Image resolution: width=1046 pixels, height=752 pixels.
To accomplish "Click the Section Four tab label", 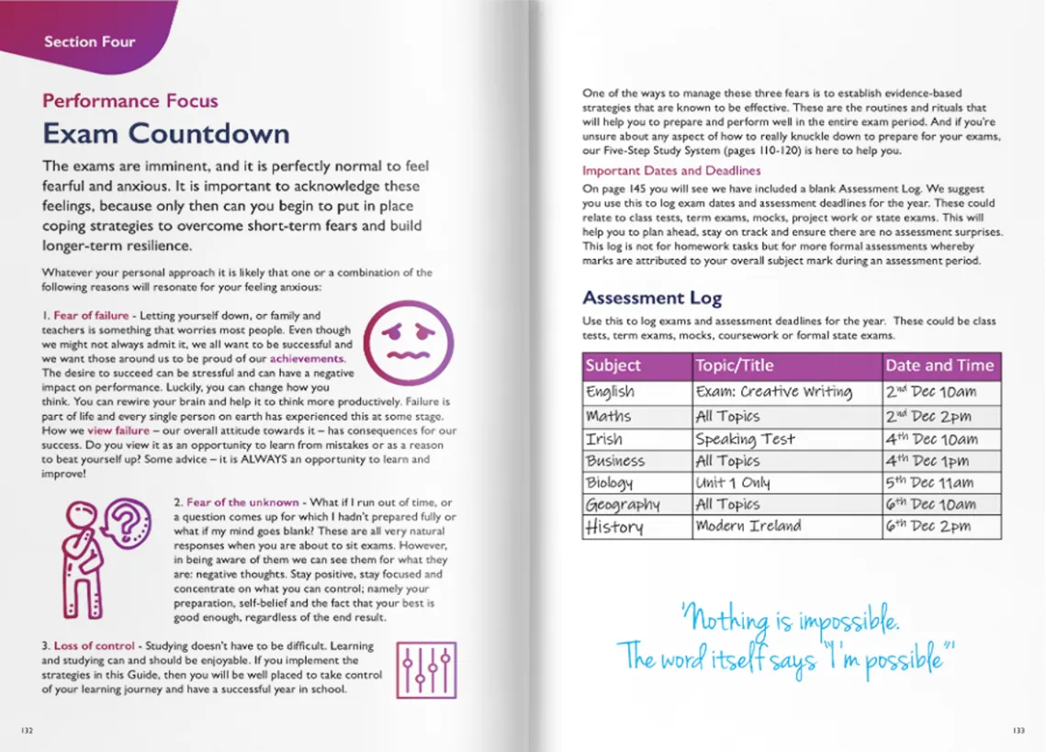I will tap(89, 41).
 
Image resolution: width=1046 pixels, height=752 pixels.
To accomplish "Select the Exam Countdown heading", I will tap(166, 133).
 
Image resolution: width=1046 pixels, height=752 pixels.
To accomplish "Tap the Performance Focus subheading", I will tap(130, 101).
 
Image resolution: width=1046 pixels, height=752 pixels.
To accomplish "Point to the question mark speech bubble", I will tap(129, 523).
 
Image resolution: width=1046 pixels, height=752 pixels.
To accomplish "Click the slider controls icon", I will tap(425, 669).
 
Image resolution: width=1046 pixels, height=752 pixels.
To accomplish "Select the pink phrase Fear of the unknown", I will tap(242, 502).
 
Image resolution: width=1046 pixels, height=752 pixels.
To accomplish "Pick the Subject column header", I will tap(613, 365).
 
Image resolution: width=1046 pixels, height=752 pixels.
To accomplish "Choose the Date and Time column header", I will tap(939, 365).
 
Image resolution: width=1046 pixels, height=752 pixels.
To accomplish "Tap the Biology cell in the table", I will tap(610, 483).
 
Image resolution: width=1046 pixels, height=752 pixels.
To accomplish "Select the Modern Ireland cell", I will tap(748, 526).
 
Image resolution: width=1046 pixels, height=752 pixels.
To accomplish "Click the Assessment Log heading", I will tap(652, 297).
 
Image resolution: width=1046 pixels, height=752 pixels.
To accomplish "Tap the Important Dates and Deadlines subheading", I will tap(670, 171).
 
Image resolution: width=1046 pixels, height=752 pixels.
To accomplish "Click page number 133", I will tap(1018, 731).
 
